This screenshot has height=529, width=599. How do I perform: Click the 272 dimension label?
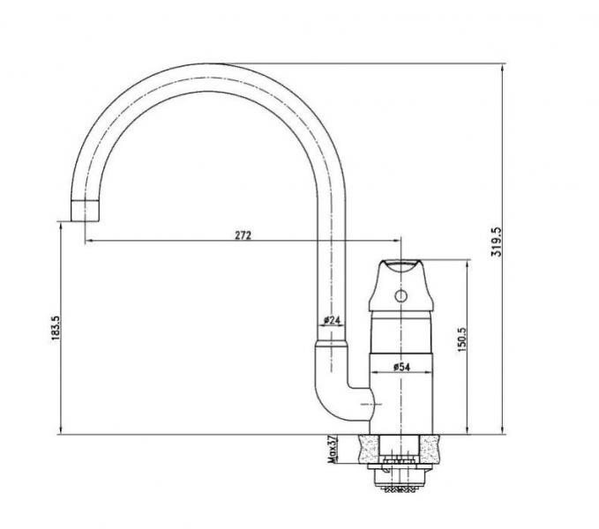point(243,235)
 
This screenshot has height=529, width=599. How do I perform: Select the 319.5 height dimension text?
point(497,242)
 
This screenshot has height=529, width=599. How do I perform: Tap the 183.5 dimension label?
point(56,328)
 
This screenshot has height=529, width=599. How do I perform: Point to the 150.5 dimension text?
point(462,339)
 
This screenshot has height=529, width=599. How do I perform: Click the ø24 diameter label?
point(332,320)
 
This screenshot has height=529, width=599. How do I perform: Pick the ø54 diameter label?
point(401,367)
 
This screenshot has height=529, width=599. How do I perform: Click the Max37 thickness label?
point(333,449)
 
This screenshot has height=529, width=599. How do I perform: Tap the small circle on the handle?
point(401,295)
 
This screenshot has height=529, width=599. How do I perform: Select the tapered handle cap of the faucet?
point(401,285)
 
